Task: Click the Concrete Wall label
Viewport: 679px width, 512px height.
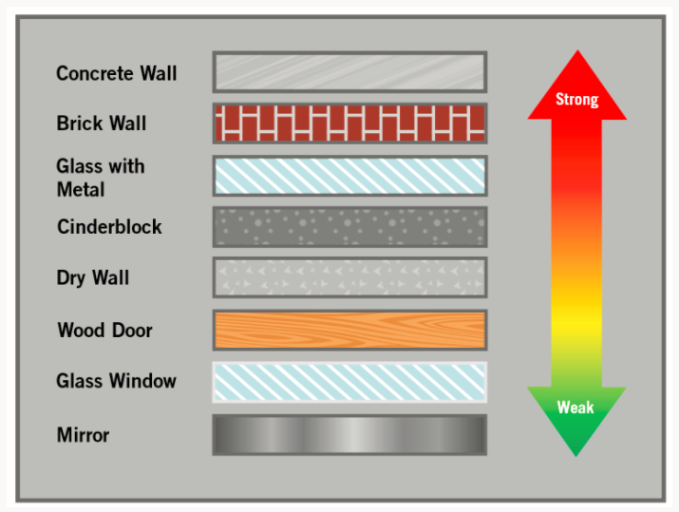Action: point(117,73)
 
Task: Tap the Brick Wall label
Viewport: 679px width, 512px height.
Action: point(102,123)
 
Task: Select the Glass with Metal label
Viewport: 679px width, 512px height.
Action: point(101,178)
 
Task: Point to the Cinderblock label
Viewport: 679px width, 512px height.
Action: point(109,226)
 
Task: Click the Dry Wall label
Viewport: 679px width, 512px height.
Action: point(93,278)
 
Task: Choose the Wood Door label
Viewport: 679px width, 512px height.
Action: point(104,330)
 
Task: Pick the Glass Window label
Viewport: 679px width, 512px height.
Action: point(116,381)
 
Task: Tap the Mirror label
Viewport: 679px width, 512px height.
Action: point(83,435)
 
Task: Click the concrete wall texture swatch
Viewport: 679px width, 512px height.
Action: point(349,72)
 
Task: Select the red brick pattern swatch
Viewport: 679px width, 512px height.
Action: point(349,123)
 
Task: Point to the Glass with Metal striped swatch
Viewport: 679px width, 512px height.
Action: point(349,176)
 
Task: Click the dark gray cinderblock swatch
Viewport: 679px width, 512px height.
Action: point(349,227)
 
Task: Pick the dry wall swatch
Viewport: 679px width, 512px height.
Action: point(349,277)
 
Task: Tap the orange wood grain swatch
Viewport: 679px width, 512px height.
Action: point(349,330)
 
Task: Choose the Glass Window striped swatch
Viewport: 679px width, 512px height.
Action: point(349,382)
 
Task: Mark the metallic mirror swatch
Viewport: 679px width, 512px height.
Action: point(349,435)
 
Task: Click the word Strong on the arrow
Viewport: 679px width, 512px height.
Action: point(576,100)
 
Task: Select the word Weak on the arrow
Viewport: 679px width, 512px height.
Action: point(575,408)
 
